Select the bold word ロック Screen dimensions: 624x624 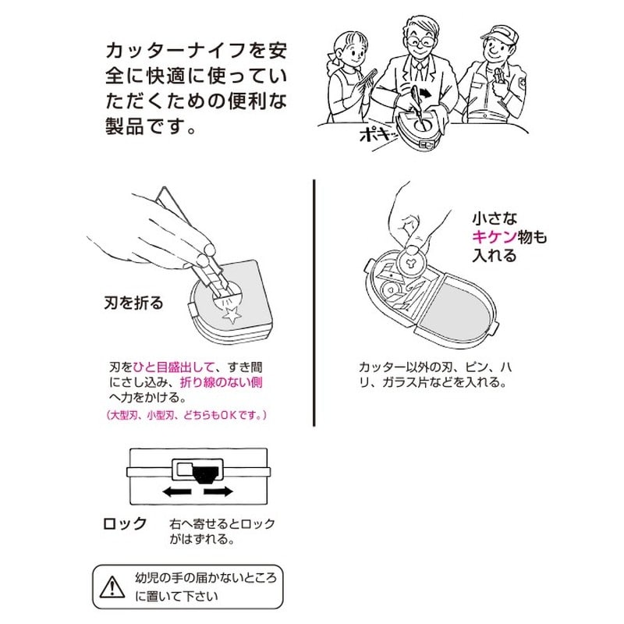126,524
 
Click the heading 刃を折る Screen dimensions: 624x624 133,303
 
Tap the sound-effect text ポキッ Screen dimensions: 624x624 380,135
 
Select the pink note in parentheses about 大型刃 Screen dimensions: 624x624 187,415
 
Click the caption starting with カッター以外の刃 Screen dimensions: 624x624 434,374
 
